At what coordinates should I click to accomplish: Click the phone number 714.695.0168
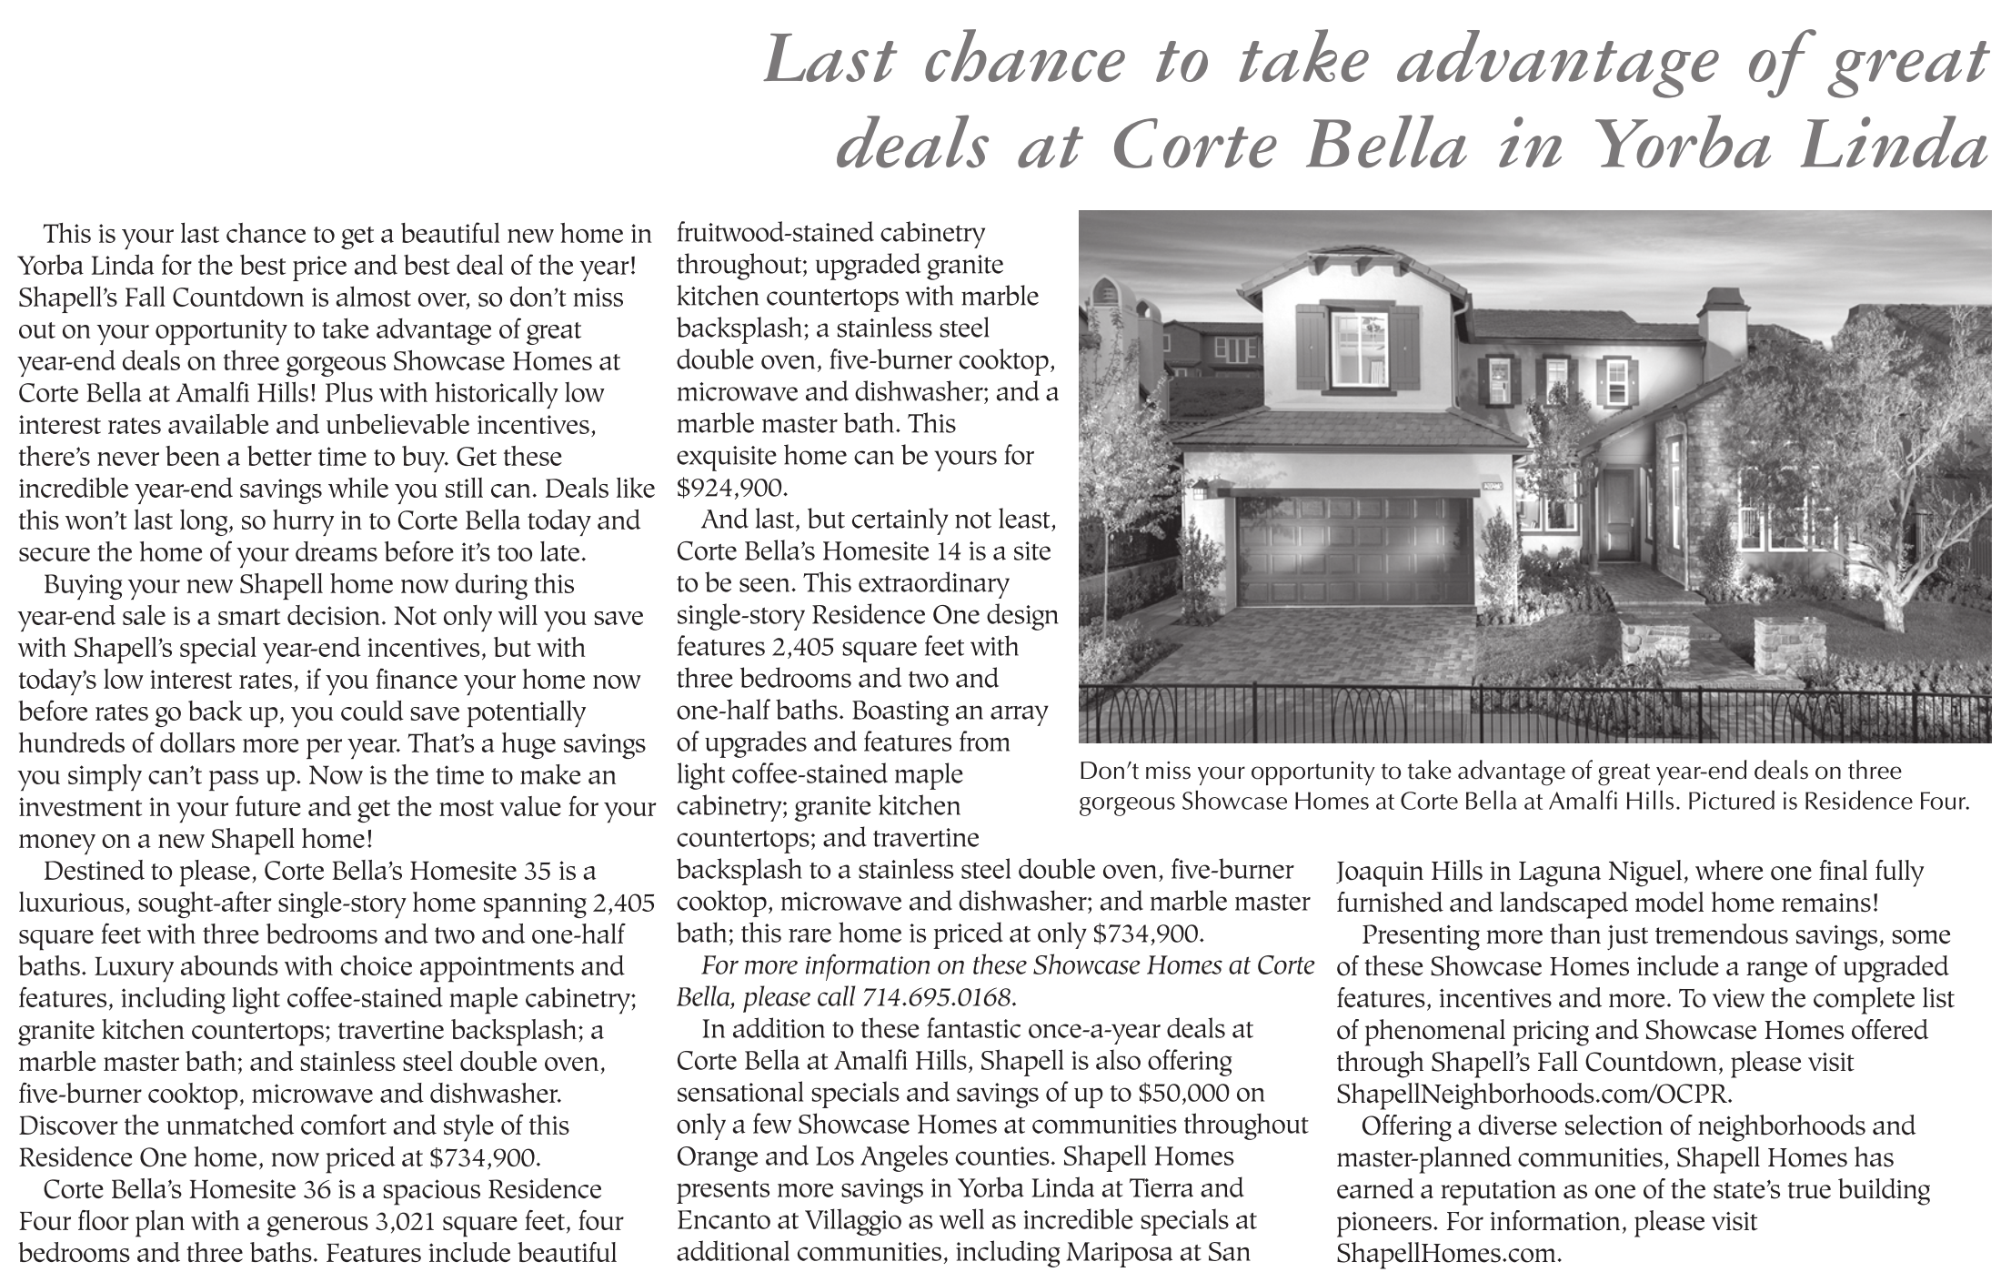(x=936, y=998)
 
